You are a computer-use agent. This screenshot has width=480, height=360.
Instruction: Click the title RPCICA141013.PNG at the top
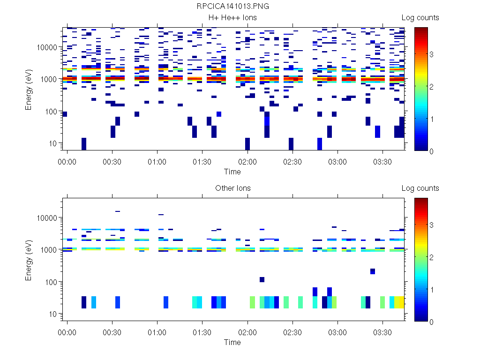[233, 7]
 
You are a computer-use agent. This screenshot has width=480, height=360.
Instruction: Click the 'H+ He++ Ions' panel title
[233, 18]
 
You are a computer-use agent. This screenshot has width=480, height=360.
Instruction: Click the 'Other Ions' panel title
[233, 188]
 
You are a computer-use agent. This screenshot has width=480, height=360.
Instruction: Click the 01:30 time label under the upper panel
[202, 162]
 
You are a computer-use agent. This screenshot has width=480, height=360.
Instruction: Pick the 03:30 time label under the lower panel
[382, 332]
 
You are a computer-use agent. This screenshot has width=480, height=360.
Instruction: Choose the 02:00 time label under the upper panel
[247, 162]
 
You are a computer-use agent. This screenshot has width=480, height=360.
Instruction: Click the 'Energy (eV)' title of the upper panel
[29, 89]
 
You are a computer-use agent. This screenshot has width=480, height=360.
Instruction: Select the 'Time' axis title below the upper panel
[232, 172]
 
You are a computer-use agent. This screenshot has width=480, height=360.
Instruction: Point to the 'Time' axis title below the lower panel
[232, 342]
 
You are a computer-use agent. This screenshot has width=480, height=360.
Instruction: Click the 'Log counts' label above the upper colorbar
[420, 18]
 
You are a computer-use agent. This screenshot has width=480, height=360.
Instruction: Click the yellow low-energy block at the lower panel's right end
[399, 302]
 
